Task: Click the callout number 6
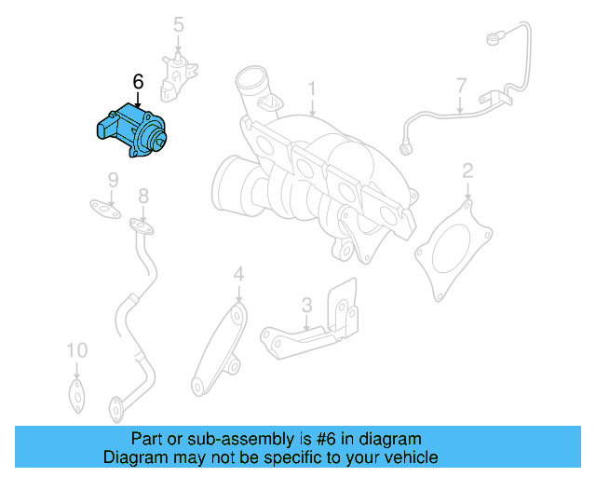click(139, 83)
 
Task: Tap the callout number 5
click(179, 25)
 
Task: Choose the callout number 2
click(467, 170)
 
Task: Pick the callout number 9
click(112, 180)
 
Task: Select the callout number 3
click(305, 305)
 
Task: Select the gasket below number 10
click(75, 393)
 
